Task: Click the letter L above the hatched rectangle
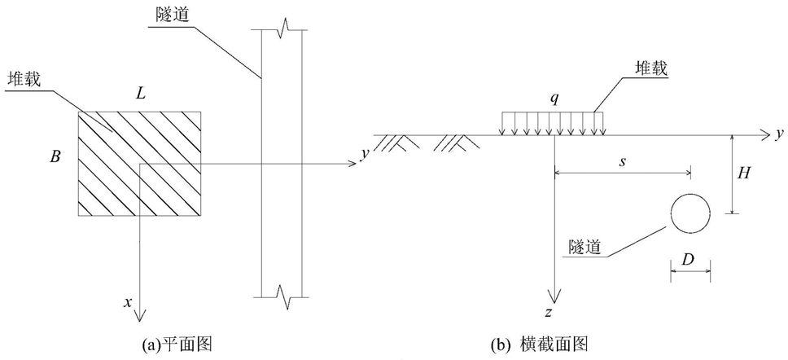coord(141,94)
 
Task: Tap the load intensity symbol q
coord(553,100)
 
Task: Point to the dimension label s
coord(623,164)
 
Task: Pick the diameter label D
coord(690,260)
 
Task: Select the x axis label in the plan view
coord(128,301)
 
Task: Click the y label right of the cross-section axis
coord(780,135)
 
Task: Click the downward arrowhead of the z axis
coord(554,296)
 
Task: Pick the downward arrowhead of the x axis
coord(139,314)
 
